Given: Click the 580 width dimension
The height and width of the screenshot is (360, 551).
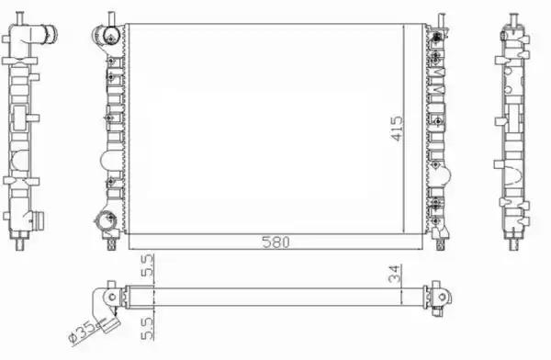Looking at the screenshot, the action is tap(275, 242).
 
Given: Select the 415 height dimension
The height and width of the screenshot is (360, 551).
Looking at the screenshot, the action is tap(397, 129).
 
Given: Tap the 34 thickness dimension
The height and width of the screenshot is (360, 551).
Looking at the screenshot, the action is tap(395, 274).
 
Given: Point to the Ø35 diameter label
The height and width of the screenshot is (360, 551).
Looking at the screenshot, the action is tap(83, 332).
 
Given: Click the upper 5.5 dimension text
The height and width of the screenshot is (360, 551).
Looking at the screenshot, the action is tap(147, 265).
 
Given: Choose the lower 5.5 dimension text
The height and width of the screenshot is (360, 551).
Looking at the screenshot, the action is tap(147, 329).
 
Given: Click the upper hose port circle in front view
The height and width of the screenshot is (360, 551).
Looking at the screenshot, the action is tap(107, 36).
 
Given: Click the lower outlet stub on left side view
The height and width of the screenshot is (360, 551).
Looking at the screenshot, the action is tap(38, 220).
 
